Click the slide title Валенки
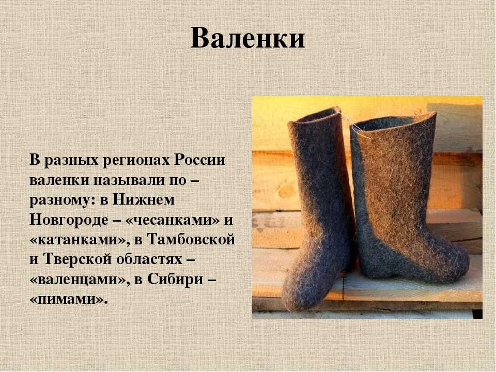coord(247,38)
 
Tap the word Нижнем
coord(143,200)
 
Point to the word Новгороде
coord(69,220)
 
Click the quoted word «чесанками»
coord(173,220)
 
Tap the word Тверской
coord(77,259)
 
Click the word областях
coord(149,259)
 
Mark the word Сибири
coord(175,280)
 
